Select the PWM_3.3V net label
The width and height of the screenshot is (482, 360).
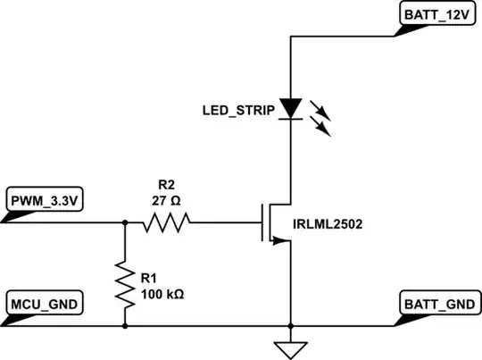(45, 202)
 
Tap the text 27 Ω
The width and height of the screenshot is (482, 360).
(167, 201)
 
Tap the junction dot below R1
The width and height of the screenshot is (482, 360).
(124, 325)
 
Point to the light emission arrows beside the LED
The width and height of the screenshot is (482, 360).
(319, 118)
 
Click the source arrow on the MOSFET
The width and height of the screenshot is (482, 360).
(279, 239)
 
